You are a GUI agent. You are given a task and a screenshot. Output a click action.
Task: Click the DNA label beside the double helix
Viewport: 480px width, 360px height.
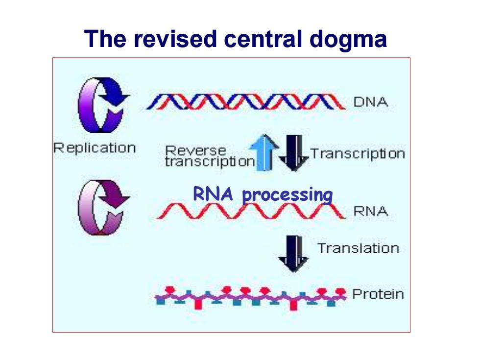370,102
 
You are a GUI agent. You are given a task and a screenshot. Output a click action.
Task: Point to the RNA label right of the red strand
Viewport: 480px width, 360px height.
370,211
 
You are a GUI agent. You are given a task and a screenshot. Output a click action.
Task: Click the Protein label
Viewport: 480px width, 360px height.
378,294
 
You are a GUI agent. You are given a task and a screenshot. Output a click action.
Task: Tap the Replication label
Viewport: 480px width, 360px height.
95,148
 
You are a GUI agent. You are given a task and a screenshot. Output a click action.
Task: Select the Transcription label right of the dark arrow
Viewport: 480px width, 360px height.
358,154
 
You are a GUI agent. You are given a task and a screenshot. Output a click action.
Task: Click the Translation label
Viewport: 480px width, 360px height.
359,248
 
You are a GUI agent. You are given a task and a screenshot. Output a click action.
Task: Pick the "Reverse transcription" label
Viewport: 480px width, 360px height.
210,156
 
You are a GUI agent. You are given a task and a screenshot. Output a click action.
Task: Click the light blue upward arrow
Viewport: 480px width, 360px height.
264,152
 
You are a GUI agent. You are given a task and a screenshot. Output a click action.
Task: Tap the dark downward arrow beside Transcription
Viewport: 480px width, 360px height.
294,153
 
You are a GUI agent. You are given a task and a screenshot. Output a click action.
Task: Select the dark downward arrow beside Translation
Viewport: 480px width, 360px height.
293,254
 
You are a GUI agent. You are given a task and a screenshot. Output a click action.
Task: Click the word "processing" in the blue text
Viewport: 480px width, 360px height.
288,195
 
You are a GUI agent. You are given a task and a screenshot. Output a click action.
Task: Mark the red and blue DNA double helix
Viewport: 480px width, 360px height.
246,102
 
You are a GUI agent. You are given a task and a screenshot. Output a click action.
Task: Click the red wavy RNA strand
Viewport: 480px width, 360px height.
251,211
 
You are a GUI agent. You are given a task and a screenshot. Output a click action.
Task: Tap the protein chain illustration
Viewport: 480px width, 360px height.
251,298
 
